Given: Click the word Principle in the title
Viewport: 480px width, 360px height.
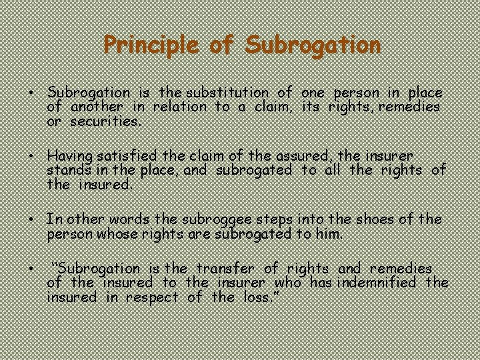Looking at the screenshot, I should (x=150, y=46).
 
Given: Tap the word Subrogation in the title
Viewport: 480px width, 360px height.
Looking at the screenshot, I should (x=313, y=46).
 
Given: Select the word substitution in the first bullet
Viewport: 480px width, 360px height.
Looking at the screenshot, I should (x=229, y=93).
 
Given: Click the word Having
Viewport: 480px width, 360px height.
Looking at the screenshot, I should (x=70, y=156).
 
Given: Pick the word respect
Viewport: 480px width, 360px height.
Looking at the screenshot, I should (x=154, y=297).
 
